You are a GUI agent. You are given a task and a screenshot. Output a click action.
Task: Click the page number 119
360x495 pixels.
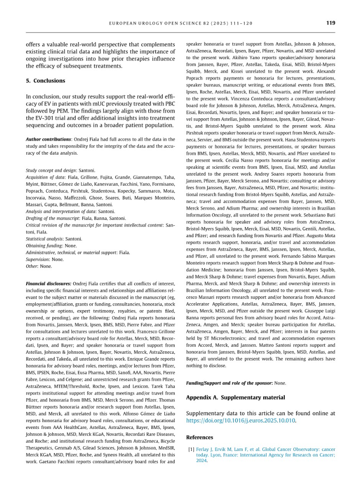tap(330, 22)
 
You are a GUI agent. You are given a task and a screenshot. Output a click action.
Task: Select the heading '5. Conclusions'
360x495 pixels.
tap(45, 81)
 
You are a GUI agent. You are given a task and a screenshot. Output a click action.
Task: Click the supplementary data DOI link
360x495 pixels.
tap(241, 420)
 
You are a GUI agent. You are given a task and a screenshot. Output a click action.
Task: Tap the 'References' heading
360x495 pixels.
tap(199, 437)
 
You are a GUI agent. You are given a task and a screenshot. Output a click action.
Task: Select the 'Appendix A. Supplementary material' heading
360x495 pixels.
tap(235, 397)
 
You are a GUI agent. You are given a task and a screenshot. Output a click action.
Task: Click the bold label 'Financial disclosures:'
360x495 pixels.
tap(49, 284)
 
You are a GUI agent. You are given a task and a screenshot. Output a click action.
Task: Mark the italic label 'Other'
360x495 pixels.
tap(32, 266)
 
